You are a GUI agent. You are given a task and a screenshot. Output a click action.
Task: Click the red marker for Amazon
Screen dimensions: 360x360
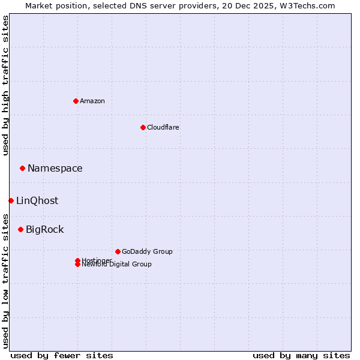pyautogui.click(x=76, y=101)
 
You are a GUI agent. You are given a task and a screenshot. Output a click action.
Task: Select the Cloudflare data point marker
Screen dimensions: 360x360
pyautogui.click(x=143, y=127)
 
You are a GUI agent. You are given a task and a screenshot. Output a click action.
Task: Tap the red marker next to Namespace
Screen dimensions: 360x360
pyautogui.click(x=22, y=168)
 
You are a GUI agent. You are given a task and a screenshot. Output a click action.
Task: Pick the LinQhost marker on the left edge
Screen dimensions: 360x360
pyautogui.click(x=11, y=200)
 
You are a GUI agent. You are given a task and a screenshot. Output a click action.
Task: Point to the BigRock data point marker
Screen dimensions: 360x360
pyautogui.click(x=20, y=229)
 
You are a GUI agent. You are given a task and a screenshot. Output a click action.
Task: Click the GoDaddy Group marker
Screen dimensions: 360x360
pyautogui.click(x=118, y=251)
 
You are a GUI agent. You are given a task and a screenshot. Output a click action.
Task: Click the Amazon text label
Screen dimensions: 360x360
pyautogui.click(x=92, y=101)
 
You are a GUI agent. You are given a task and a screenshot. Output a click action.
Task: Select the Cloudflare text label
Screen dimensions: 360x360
pyautogui.click(x=163, y=127)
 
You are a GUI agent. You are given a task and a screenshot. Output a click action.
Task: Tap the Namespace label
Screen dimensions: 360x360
pyautogui.click(x=55, y=169)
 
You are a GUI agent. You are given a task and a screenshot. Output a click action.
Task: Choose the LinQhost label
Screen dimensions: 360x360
pyautogui.click(x=37, y=201)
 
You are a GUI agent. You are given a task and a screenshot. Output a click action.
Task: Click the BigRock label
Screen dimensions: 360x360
pyautogui.click(x=45, y=230)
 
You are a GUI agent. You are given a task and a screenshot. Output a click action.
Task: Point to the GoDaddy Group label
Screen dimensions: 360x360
pyautogui.click(x=147, y=252)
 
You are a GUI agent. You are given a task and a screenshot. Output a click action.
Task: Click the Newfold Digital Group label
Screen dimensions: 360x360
pyautogui.click(x=117, y=265)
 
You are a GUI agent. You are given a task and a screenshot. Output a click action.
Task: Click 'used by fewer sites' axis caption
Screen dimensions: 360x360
pyautogui.click(x=62, y=355)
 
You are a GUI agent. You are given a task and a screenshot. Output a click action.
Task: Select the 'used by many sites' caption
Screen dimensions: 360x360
pyautogui.click(x=301, y=355)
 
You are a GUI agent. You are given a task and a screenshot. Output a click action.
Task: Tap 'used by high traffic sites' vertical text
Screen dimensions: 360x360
pyautogui.click(x=6, y=85)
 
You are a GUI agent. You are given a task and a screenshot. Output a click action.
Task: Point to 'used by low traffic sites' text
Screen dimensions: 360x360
pyautogui.click(x=6, y=281)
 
